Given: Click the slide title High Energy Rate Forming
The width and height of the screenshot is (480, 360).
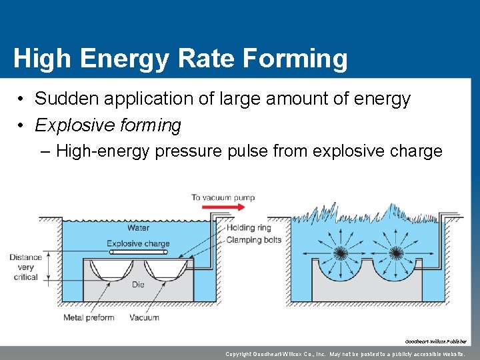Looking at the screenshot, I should (180, 59).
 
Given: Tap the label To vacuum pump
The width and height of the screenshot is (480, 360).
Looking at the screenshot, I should (223, 197).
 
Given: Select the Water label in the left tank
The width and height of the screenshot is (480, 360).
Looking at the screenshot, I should (138, 228).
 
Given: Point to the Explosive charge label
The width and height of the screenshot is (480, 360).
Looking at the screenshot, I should (138, 243).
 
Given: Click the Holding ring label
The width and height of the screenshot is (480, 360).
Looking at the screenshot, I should (249, 228).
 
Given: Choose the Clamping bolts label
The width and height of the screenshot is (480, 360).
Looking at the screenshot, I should (254, 239).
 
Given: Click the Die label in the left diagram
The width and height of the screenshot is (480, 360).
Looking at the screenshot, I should (138, 285).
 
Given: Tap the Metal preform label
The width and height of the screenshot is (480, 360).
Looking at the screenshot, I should (89, 317).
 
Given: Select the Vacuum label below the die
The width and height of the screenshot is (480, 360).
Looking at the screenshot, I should (144, 317).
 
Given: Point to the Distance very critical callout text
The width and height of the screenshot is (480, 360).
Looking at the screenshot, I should (25, 267).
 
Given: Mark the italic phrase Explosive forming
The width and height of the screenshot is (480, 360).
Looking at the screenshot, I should (108, 125).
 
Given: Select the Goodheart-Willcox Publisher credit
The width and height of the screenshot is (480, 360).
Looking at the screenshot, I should (438, 341).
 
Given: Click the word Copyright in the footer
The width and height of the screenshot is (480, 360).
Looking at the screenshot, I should (244, 354).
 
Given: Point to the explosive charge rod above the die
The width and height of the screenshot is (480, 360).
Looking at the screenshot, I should (138, 253).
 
